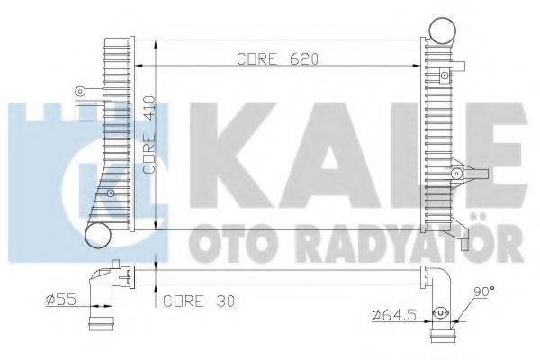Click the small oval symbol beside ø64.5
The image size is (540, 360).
[x=441, y=314]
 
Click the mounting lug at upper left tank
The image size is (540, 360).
[x=82, y=91]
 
